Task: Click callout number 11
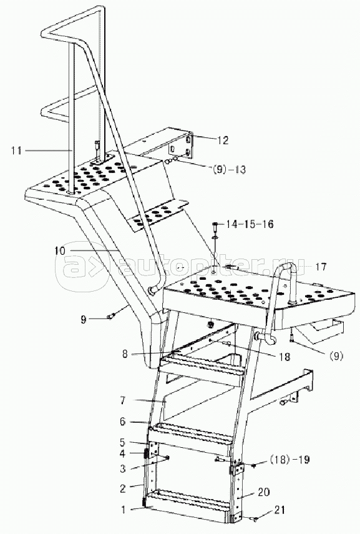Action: point(17,150)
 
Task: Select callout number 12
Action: point(223,141)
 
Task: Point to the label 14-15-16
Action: point(250,224)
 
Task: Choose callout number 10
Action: point(59,251)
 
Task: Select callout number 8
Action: point(125,354)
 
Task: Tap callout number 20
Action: point(264,492)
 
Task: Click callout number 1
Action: point(124,510)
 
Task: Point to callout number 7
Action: point(123,400)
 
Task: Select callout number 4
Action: point(122,453)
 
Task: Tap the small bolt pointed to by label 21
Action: point(254,518)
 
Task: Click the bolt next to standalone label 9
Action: point(110,317)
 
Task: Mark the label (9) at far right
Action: point(336,356)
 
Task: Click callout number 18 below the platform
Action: point(285,357)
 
